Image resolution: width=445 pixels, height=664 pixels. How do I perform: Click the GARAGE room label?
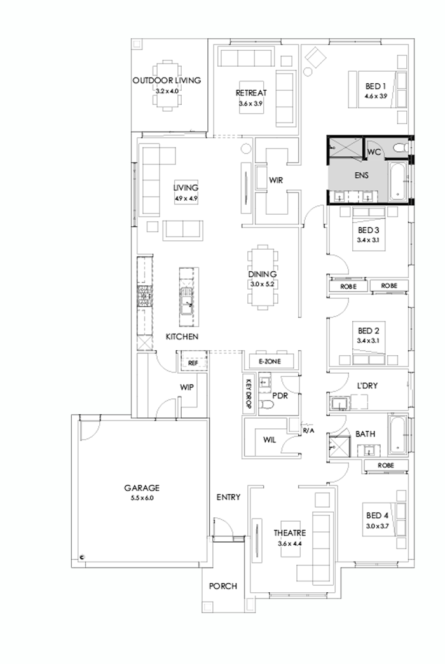point(142,488)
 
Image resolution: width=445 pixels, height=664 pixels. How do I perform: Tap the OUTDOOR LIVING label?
point(167,81)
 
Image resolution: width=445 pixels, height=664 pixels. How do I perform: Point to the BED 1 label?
point(376,86)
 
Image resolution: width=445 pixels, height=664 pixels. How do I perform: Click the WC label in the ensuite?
point(374,152)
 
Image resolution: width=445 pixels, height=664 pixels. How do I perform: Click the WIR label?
point(275,180)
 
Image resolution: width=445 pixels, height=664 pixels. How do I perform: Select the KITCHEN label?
point(182,336)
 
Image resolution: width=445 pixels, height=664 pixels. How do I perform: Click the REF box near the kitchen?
point(191,363)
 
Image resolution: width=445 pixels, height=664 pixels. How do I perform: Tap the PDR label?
point(280,395)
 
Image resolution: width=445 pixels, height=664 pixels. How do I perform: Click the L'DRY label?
point(369,385)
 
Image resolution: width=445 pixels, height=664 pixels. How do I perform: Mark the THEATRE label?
point(290,533)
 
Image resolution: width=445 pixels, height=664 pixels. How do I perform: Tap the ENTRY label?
point(228,497)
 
